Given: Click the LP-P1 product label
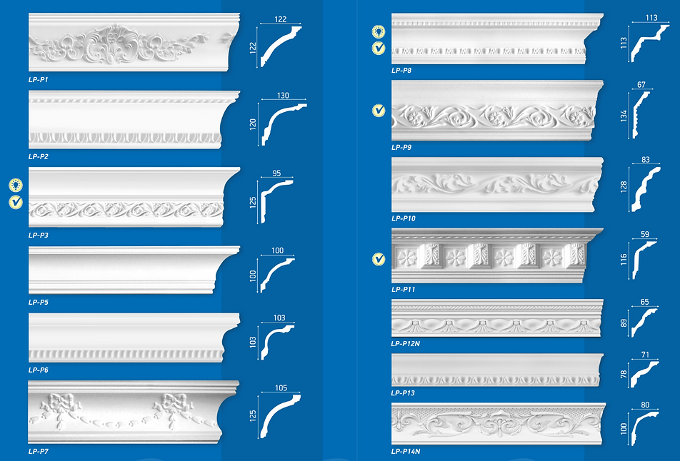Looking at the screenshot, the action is coord(38,80).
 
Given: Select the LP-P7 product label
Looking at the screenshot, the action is coord(38,452).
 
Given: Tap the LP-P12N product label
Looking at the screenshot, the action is coord(406,343).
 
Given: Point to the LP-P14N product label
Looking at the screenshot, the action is coord(406,452).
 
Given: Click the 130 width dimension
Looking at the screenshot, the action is coord(283,96).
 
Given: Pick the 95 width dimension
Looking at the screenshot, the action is coord(276,173).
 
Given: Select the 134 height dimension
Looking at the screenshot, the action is coord(624,116).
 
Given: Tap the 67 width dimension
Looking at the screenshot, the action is coord(641,84).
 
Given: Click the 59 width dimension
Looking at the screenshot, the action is coord(645,234).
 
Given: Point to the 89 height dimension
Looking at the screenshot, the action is coord(624,323).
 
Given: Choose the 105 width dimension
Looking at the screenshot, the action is coord(281,387).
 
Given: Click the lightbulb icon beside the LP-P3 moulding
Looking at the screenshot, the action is coord(16,185).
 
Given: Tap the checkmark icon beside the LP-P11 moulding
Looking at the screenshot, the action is coord(379,259).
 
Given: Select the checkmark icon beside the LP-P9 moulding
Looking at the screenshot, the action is coord(379,111).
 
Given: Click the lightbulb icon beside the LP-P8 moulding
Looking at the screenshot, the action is coord(379,31).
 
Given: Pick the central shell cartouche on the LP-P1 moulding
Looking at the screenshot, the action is coord(112,44).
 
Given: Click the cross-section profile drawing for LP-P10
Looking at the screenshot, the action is coord(646,189).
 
